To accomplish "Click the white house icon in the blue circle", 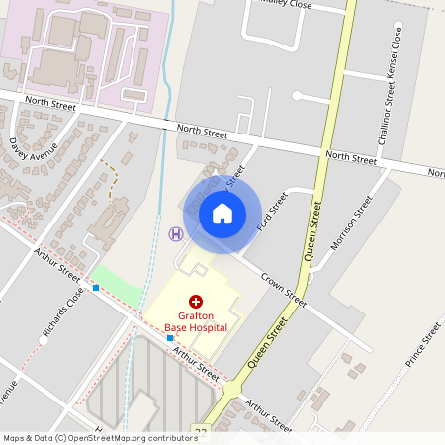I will (x=222, y=213).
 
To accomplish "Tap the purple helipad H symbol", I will (x=176, y=234).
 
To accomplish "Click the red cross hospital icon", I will (x=196, y=300).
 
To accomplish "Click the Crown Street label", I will (x=285, y=285).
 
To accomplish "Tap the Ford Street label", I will (x=271, y=212).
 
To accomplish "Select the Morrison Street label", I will (x=351, y=222).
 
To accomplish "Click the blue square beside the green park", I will (x=96, y=288).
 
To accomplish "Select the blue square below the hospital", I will (x=169, y=338).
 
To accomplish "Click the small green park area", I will (x=117, y=283).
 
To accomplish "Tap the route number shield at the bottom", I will (x=202, y=432).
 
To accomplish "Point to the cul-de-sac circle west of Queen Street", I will (x=297, y=95).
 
